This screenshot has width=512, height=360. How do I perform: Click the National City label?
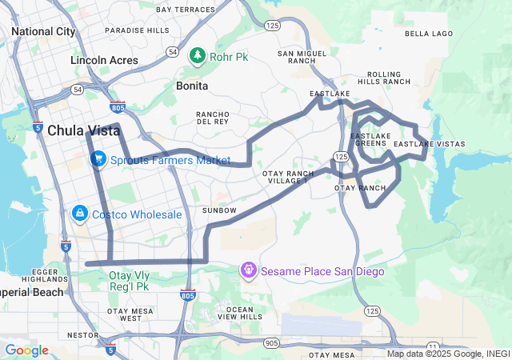coord(43,31)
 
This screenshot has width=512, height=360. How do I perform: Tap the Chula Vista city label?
coord(83,130)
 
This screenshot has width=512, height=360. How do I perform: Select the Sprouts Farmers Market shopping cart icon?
coord(99,159)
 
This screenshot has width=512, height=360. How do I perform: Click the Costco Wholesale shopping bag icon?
coord(80,214)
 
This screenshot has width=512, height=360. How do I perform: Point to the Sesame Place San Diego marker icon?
coord(249,271)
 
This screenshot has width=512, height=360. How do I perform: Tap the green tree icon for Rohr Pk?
coord(197,56)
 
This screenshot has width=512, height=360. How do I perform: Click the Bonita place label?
coord(192,86)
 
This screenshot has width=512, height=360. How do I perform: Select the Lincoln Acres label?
coord(104,61)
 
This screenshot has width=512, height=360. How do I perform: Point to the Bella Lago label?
coord(429,34)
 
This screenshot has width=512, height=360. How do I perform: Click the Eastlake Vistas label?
coord(430,144)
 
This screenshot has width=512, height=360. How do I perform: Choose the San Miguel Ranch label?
coord(302,57)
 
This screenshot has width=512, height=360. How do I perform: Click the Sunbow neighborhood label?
coord(219,210)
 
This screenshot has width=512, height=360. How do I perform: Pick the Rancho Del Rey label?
coord(214,118)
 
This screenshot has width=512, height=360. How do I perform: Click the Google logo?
coord(26,350)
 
